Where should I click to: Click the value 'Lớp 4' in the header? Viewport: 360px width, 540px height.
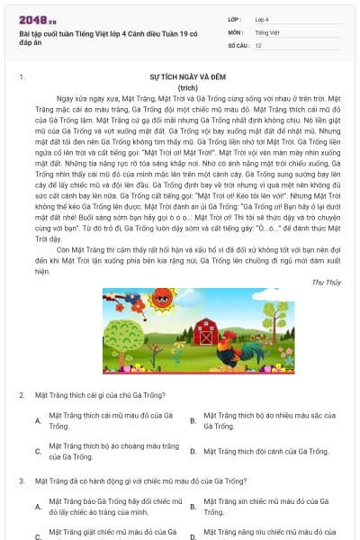[x=262, y=18]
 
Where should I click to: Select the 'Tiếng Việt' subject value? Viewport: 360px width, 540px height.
[x=265, y=31]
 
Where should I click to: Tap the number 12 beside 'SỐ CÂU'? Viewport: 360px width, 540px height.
[x=258, y=45]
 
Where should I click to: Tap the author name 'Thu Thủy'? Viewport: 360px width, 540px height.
[x=326, y=282]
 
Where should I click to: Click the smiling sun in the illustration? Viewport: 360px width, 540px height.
[x=163, y=300]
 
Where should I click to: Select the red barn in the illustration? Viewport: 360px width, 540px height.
[x=206, y=330]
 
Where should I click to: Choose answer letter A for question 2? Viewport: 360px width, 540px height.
[x=38, y=420]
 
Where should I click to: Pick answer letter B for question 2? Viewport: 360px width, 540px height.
[x=193, y=420]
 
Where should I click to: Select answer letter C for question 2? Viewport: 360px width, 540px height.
[x=38, y=452]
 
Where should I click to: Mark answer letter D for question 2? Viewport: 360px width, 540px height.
[x=193, y=452]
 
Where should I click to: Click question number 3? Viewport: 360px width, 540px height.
[x=22, y=481]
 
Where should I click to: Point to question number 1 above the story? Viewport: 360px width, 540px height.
[x=22, y=78]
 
